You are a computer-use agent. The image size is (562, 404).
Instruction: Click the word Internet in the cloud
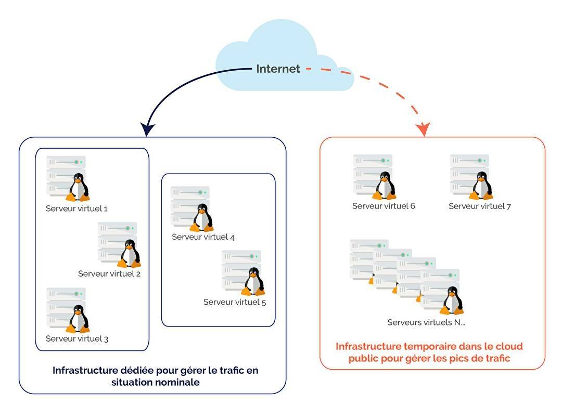[278, 69]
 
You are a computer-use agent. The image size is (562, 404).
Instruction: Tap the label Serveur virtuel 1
[76, 208]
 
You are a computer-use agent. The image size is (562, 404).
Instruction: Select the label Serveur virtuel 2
[109, 273]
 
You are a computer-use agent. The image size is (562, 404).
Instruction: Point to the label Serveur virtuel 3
[77, 338]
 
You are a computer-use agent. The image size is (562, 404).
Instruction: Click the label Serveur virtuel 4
[203, 237]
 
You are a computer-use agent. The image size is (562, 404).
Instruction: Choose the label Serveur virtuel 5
[235, 302]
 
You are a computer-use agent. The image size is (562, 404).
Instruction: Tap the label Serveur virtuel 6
[384, 206]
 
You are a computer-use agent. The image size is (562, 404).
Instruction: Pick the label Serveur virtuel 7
[480, 206]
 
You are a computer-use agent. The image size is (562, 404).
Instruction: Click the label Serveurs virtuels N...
[426, 322]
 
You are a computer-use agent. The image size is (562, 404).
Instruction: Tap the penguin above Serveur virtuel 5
[253, 281]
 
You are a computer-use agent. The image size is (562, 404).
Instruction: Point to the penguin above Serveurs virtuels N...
[452, 301]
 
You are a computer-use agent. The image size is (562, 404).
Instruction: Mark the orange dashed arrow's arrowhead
[423, 129]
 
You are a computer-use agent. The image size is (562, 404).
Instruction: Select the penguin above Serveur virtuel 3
[78, 319]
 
